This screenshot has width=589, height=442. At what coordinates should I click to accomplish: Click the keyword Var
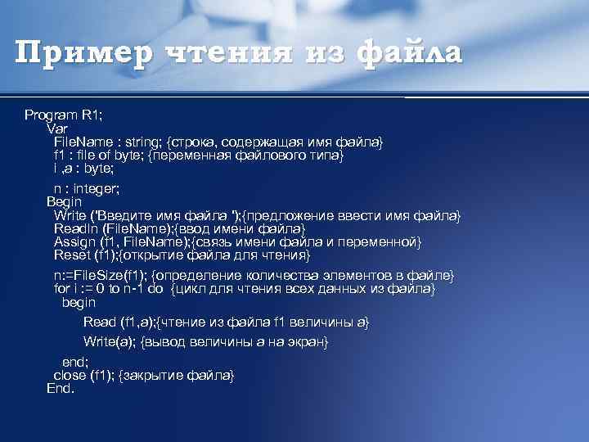58,129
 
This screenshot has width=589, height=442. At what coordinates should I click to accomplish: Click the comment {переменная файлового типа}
246,156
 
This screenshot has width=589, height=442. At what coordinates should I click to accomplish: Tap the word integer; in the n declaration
93,188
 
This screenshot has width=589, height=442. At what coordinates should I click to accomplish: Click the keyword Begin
65,201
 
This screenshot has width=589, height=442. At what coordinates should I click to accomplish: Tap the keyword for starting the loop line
62,288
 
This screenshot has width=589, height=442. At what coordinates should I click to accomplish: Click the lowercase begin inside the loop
79,302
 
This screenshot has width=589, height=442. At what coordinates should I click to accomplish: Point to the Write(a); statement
110,341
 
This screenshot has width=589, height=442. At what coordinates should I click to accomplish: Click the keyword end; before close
75,361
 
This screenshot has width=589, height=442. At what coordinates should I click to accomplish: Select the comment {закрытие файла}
177,375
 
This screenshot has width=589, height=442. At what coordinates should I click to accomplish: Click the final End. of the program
61,388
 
